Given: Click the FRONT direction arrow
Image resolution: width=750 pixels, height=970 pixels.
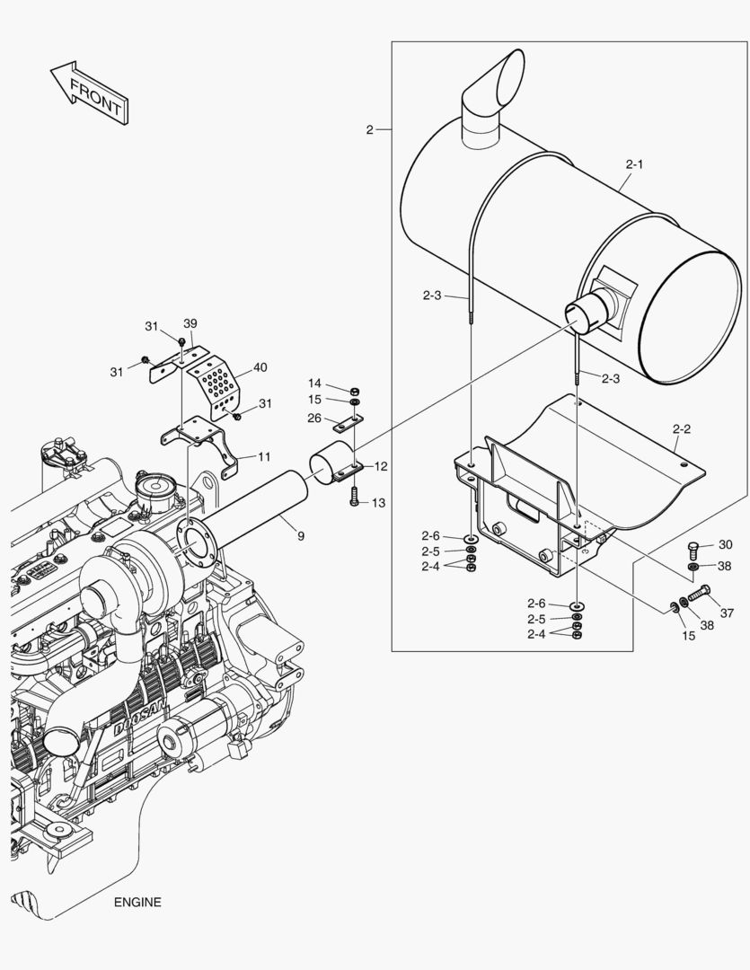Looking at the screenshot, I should click(x=87, y=93).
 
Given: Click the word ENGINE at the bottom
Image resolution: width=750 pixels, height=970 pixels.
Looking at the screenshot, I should click(x=137, y=903).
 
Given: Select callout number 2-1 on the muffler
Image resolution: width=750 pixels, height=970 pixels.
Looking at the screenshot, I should click(x=634, y=164).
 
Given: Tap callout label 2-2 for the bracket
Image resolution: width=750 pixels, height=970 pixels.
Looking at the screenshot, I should click(x=682, y=429).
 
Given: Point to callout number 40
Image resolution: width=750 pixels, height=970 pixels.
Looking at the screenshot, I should click(x=260, y=367).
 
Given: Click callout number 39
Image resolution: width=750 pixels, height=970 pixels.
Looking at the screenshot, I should click(x=190, y=323).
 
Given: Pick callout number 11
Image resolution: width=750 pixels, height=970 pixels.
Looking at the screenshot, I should click(x=264, y=456).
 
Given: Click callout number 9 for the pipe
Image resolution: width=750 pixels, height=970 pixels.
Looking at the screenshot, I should click(x=301, y=535).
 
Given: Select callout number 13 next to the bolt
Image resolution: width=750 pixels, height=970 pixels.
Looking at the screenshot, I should click(x=378, y=503).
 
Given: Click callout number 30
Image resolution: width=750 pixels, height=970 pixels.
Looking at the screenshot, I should click(x=726, y=544).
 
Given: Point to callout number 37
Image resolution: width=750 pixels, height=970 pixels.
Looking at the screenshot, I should click(x=727, y=613).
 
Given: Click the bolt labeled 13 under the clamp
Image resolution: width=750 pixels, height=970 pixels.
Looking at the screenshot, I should click(x=354, y=497).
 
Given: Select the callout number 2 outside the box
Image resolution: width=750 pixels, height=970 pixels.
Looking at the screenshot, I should click(x=369, y=130).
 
